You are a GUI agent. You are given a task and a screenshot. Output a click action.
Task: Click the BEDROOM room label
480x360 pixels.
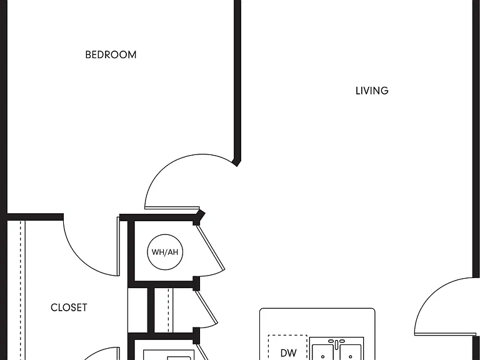[111, 55]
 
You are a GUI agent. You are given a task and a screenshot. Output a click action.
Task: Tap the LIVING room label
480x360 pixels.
[372, 91]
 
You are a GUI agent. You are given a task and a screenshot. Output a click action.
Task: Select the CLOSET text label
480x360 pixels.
[69, 307]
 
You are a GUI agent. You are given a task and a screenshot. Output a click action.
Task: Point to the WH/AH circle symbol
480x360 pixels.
[165, 252]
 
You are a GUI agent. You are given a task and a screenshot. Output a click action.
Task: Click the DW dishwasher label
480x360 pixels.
[288, 353]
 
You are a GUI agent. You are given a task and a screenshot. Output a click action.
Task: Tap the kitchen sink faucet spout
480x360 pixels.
[336, 345]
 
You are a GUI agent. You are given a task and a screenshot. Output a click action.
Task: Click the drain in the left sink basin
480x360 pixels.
[322, 357]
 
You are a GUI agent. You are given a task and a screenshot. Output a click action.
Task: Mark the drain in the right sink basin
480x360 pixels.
[351, 357]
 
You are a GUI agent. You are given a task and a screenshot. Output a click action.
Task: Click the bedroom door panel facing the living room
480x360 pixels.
[172, 208]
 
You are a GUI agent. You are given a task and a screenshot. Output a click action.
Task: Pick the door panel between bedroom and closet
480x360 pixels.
[118, 246]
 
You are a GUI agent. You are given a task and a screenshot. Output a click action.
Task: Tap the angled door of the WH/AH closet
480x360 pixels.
[211, 248]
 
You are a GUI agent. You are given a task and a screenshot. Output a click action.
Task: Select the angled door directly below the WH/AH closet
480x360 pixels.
[207, 307]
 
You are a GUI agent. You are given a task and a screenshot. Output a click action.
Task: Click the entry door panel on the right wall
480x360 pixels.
[447, 334]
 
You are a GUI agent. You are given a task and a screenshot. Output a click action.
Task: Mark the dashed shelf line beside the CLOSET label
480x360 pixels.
[21, 290]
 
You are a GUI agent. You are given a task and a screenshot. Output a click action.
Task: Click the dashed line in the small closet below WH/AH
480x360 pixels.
[168, 310]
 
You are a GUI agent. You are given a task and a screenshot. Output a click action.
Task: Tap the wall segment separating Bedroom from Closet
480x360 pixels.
[35, 217]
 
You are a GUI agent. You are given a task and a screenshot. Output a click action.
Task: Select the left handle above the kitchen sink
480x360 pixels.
[331, 341]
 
